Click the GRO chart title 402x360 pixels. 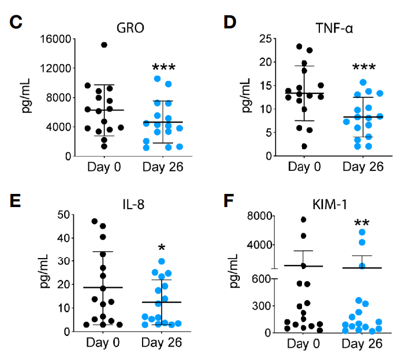coord(132,28)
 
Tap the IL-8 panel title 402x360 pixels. coord(132,202)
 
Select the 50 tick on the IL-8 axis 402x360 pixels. coord(64,215)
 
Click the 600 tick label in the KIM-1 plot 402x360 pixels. coord(259,279)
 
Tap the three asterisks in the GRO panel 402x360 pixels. coord(164,68)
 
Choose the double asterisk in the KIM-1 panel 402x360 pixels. coord(363,217)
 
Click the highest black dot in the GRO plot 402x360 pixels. coord(104,45)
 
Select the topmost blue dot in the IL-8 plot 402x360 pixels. coord(162,261)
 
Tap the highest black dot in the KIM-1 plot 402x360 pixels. coord(304,220)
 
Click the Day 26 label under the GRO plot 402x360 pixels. coord(164,168)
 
